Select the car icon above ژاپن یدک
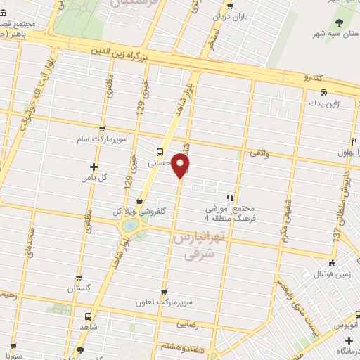click(x=323, y=92)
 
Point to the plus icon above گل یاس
click(x=94, y=167)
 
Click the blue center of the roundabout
click(x=130, y=226)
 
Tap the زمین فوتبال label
click(x=330, y=268)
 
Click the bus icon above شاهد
click(x=88, y=317)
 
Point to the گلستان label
click(x=79, y=288)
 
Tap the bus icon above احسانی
click(x=160, y=151)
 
